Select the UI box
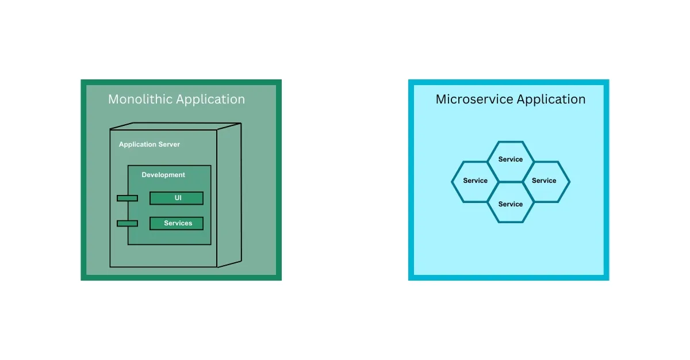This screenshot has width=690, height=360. [177, 198]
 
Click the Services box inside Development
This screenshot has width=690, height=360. [177, 223]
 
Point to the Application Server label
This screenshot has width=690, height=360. [149, 144]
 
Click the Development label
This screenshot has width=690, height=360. [163, 175]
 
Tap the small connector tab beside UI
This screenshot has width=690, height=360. [127, 198]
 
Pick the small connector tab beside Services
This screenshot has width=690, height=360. [127, 223]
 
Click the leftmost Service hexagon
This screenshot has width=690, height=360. [475, 182]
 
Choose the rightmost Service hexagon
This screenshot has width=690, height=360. [545, 182]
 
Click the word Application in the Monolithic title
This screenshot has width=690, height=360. [210, 100]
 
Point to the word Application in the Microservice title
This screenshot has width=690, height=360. [551, 100]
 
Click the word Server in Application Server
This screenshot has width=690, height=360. [168, 144]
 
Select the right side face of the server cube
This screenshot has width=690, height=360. [229, 196]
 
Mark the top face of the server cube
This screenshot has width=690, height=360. [175, 127]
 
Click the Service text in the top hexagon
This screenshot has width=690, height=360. [511, 159]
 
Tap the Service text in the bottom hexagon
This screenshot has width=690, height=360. [511, 204]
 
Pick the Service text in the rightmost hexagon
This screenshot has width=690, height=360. [544, 181]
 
